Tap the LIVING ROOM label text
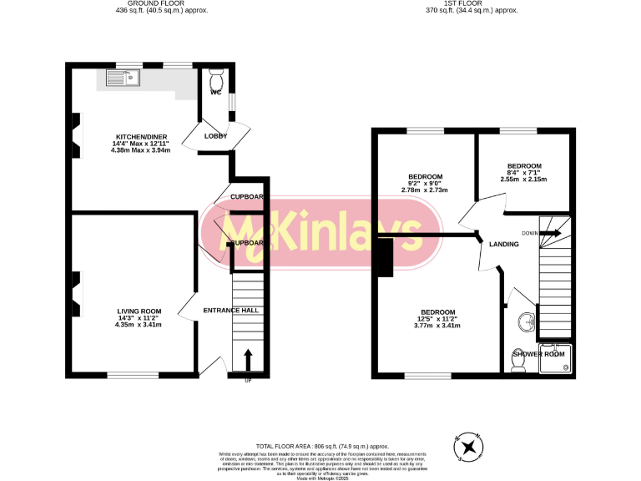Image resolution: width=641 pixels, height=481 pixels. [x=140, y=311]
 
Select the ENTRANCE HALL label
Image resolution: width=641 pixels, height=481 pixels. [x=231, y=311]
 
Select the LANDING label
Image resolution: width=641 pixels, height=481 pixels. [x=504, y=245]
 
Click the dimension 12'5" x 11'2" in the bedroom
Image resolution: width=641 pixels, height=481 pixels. [x=437, y=318]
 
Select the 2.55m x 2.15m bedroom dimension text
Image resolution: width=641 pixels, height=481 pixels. [x=524, y=179]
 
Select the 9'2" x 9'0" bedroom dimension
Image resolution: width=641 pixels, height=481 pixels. [x=425, y=184]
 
